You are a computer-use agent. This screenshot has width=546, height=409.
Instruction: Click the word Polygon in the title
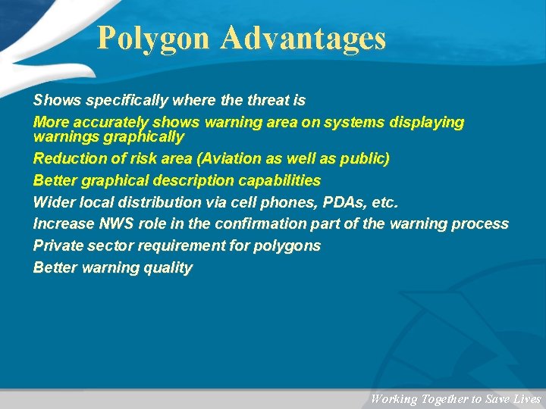[x=155, y=38]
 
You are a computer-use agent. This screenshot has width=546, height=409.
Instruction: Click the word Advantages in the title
[x=303, y=38]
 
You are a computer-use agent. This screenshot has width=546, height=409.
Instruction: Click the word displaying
[x=427, y=122]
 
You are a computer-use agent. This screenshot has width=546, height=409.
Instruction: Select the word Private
[x=57, y=245]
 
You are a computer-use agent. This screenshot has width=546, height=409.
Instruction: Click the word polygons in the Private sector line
[x=291, y=245]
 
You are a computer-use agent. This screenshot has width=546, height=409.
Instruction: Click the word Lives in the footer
[x=526, y=399]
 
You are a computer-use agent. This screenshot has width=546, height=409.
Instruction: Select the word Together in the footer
[x=446, y=399]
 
